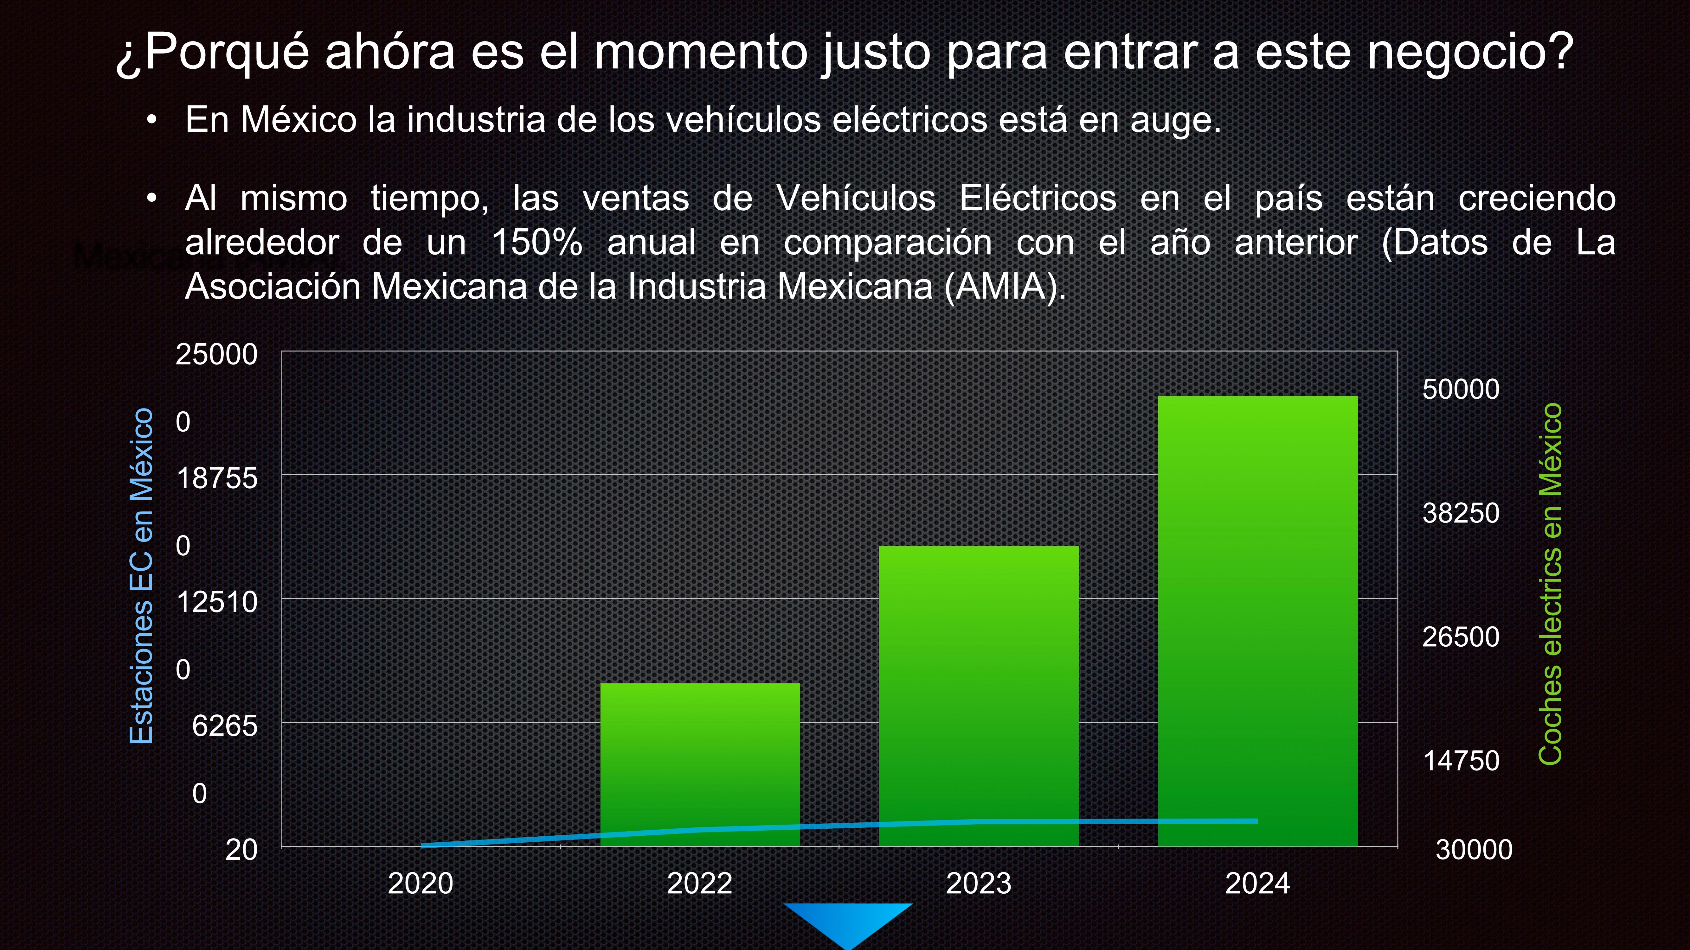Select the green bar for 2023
point(978,695)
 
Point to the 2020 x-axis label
point(421,883)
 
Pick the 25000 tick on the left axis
point(216,355)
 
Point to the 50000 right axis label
point(1460,389)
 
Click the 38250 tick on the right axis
point(1460,513)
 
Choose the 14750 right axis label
point(1460,761)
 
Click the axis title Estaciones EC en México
point(142,576)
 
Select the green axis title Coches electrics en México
point(1550,584)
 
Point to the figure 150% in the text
point(537,243)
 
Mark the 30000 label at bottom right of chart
point(1474,850)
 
